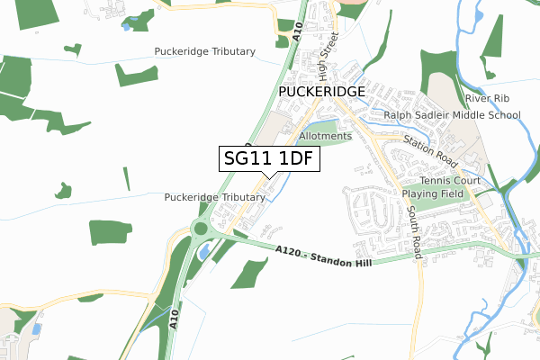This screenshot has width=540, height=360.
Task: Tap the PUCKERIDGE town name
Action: pyautogui.click(x=321, y=93)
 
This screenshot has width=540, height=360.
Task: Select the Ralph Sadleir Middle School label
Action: pyautogui.click(x=452, y=115)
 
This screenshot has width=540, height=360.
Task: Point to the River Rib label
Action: pyautogui.click(x=487, y=98)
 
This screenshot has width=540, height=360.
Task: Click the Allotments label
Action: pyautogui.click(x=326, y=136)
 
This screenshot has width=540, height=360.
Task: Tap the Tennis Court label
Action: pyautogui.click(x=454, y=181)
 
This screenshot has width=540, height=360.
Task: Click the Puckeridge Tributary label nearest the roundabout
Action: pyautogui.click(x=213, y=197)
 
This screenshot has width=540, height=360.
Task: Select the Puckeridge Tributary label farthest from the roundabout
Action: pyautogui.click(x=204, y=51)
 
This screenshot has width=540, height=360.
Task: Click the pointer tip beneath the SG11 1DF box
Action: pyautogui.click(x=263, y=178)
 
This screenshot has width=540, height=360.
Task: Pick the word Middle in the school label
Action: pyautogui.click(x=466, y=115)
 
